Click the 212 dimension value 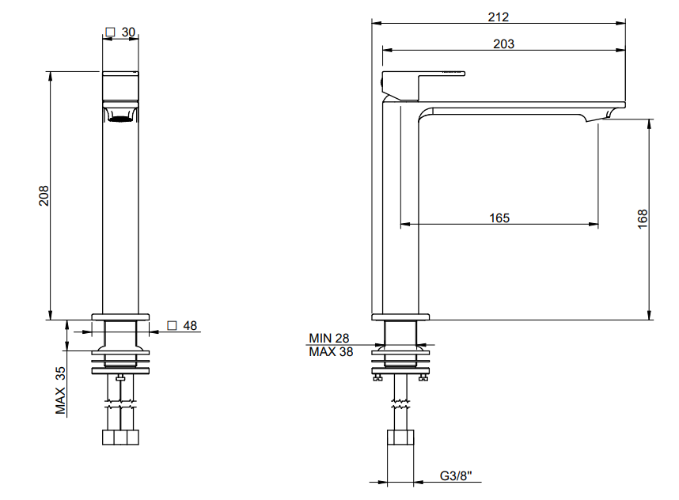tap(498, 17)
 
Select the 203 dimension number tap(503, 44)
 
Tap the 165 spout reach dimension tap(499, 218)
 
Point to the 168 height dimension tap(643, 219)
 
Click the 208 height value tap(44, 195)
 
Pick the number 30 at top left tap(128, 32)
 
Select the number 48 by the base tap(190, 325)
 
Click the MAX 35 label tap(61, 391)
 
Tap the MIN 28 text tap(328, 338)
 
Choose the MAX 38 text tap(331, 352)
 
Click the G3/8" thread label tap(456, 475)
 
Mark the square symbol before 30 tap(111, 32)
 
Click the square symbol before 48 tap(172, 325)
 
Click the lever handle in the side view tap(442, 74)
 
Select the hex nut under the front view tap(120, 437)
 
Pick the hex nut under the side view tap(400, 437)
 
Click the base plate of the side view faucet tap(400, 317)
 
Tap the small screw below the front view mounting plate tap(120, 378)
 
